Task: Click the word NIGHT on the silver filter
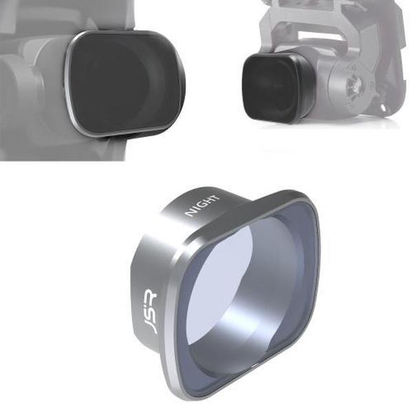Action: click(202, 205)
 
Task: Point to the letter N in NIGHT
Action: click(189, 214)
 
